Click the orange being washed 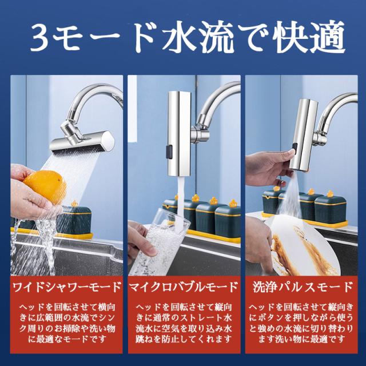(46, 186)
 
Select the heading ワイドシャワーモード (67, 287)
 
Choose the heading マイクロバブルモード (184, 287)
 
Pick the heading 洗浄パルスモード (303, 287)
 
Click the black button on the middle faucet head (169, 151)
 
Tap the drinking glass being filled (159, 241)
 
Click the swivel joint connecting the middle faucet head (200, 134)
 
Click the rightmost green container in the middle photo (228, 221)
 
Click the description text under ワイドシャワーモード (67, 323)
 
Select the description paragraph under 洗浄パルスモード (301, 323)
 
